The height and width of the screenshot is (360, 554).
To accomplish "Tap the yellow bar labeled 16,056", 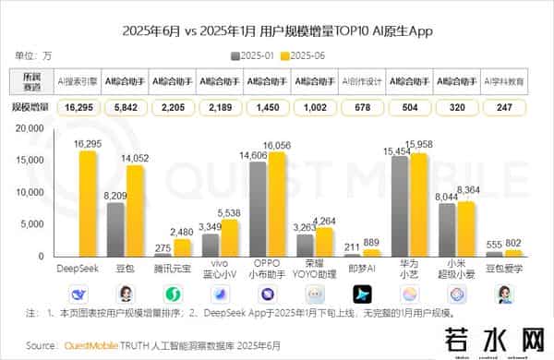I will click(276, 203).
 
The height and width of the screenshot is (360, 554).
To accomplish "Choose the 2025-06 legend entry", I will click(308, 55).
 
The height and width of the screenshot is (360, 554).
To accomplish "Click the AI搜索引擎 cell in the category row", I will click(78, 81).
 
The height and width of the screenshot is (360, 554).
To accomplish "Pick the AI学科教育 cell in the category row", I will click(504, 81).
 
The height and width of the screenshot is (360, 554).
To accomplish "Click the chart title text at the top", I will click(277, 30).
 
